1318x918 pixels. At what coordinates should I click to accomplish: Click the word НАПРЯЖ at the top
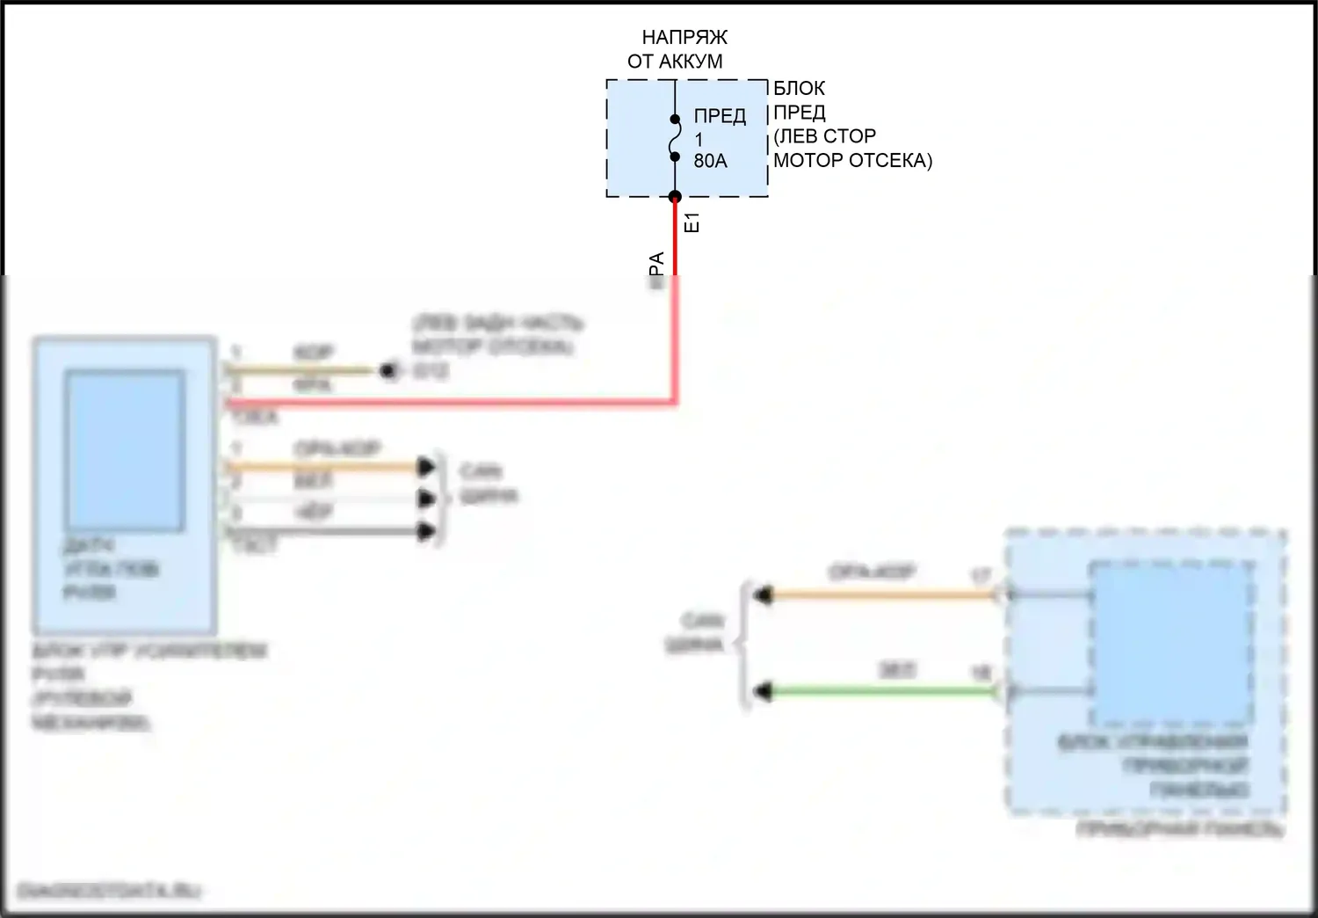(684, 38)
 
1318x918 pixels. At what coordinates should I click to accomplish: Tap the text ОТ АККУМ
(675, 62)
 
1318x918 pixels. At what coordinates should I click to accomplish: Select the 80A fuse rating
(710, 162)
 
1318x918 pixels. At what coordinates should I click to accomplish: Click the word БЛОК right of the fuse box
(799, 89)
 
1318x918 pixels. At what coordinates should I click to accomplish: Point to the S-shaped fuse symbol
(675, 139)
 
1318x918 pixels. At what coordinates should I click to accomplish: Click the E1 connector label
(692, 222)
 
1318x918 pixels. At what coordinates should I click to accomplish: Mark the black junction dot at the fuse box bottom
(675, 197)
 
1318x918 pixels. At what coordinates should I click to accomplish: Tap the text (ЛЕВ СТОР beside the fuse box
(824, 137)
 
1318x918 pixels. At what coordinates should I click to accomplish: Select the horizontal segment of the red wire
(457, 403)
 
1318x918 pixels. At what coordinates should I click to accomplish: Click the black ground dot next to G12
(387, 371)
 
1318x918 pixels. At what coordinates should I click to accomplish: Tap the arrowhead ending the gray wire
(428, 531)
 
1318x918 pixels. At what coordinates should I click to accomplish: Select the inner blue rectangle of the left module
(125, 450)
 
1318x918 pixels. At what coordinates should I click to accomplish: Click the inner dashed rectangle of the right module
(1171, 642)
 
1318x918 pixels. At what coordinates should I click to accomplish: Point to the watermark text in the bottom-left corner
(109, 891)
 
